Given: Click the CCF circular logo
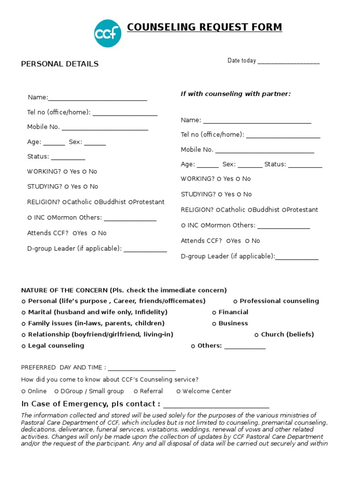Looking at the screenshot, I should click(x=108, y=33).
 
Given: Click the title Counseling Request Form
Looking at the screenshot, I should click(x=204, y=28).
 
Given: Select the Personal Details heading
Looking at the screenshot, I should click(x=60, y=64).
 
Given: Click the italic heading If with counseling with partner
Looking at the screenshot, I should click(x=236, y=94).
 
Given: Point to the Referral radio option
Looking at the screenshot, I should click(x=136, y=391).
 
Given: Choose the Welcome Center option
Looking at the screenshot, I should click(x=179, y=391).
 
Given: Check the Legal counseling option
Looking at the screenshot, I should click(x=24, y=346).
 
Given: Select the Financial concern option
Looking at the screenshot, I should click(x=214, y=313).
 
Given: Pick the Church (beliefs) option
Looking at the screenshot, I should click(x=257, y=335).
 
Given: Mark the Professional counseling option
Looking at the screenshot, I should click(x=236, y=301).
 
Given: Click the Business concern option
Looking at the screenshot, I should click(x=214, y=324).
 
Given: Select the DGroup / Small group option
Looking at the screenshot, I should click(x=57, y=391).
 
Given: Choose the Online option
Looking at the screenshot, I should click(x=24, y=391).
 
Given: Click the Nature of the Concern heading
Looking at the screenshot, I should click(x=124, y=290).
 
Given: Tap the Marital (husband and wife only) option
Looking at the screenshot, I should click(x=24, y=313).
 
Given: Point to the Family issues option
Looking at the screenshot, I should click(x=24, y=324).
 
